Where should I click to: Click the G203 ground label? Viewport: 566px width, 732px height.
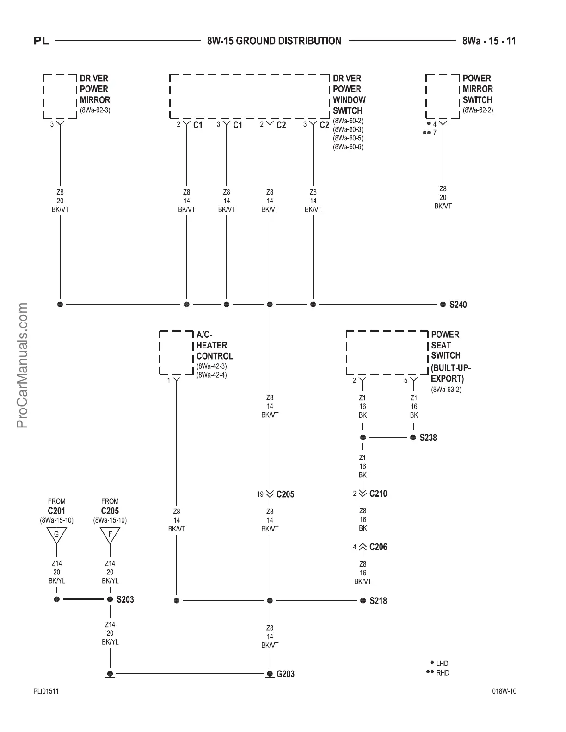285,674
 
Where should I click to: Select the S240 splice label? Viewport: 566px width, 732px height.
458,305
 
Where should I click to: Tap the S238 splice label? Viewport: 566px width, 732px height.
428,438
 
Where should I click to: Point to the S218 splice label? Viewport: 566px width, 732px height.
378,601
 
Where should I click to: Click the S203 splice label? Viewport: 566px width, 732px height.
125,599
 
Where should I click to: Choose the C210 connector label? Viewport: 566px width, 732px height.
378,494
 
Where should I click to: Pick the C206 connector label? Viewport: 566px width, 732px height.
378,547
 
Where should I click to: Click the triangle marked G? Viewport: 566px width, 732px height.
56,535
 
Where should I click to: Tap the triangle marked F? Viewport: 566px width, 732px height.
110,535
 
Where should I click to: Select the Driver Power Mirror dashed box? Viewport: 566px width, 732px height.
60,96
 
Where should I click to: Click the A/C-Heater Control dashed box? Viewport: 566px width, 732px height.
176,352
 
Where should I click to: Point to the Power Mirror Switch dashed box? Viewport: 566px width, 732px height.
443,96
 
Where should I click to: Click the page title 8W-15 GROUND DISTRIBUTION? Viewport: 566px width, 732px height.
274,41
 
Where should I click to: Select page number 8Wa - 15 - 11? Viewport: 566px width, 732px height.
489,41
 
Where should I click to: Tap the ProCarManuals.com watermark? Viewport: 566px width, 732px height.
22,366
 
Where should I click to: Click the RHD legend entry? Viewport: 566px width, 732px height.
442,673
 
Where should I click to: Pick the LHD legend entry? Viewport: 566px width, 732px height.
442,664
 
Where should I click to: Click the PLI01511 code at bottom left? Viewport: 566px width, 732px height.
46,691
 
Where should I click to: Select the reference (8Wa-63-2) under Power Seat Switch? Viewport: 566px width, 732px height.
446,389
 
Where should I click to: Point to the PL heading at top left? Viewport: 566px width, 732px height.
42,41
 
